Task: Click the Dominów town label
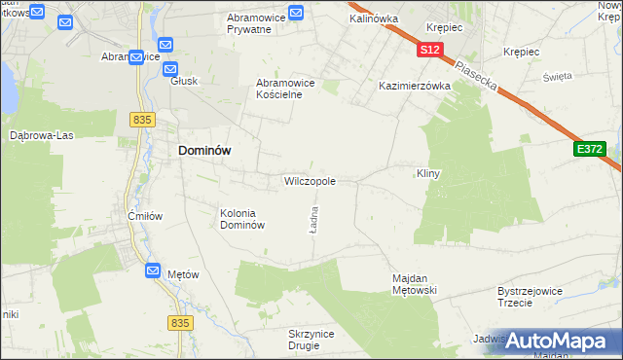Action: pyautogui.click(x=203, y=152)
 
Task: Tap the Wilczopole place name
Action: pyautogui.click(x=310, y=181)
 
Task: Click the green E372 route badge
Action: pyautogui.click(x=590, y=149)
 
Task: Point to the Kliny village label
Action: pyautogui.click(x=429, y=173)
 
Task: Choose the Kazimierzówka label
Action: pyautogui.click(x=415, y=86)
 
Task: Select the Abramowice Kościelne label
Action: pyautogui.click(x=285, y=89)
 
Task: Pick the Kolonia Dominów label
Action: pyautogui.click(x=242, y=219)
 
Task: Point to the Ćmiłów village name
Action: pyautogui.click(x=145, y=215)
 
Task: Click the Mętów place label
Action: pyautogui.click(x=183, y=274)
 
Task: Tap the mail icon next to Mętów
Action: pyautogui.click(x=153, y=271)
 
